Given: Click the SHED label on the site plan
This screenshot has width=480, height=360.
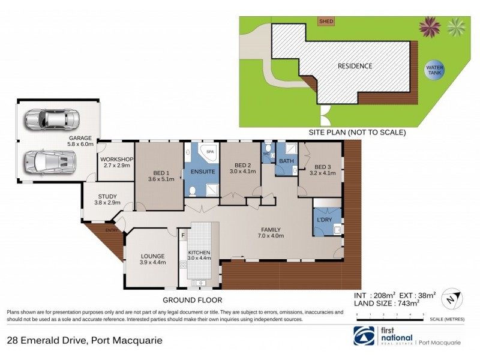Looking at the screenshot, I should (326, 22).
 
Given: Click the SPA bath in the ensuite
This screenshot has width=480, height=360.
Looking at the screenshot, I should (209, 152).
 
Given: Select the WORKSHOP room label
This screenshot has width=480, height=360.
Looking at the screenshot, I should (117, 162).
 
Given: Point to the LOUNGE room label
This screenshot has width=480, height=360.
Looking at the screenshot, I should (144, 258).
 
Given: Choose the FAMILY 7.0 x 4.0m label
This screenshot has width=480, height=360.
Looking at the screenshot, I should (271, 232).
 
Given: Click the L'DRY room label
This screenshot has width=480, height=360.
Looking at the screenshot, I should (325, 220).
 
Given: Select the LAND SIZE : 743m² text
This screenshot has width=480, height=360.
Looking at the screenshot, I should (384, 304).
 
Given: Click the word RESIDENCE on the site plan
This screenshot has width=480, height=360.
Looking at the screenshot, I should (354, 66).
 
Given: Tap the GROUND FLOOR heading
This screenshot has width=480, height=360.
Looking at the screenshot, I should (193, 300).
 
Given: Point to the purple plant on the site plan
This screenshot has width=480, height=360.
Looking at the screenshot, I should (430, 25).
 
